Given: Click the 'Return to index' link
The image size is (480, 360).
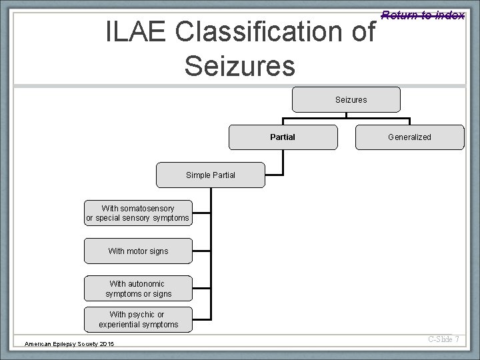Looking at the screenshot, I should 423,15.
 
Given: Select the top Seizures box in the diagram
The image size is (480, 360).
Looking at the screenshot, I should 347,99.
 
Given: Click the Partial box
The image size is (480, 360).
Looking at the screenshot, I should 283,137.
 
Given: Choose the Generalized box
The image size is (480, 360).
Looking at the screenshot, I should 409,137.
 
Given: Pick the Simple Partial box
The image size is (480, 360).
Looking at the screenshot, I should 210,176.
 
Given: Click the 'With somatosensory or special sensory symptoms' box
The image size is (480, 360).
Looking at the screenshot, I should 138,213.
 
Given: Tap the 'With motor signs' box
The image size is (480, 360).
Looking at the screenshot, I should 138,251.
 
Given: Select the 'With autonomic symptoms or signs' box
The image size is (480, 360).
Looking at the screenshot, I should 138,289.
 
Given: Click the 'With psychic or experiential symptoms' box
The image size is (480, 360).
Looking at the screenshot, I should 138,319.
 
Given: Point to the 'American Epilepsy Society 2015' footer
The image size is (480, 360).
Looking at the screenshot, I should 69,343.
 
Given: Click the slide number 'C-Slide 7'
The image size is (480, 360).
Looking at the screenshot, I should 444,340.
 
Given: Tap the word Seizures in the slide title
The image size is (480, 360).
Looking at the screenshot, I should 239,65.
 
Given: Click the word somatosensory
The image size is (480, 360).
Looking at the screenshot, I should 147,209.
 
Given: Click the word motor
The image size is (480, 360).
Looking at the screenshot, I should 137,251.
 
